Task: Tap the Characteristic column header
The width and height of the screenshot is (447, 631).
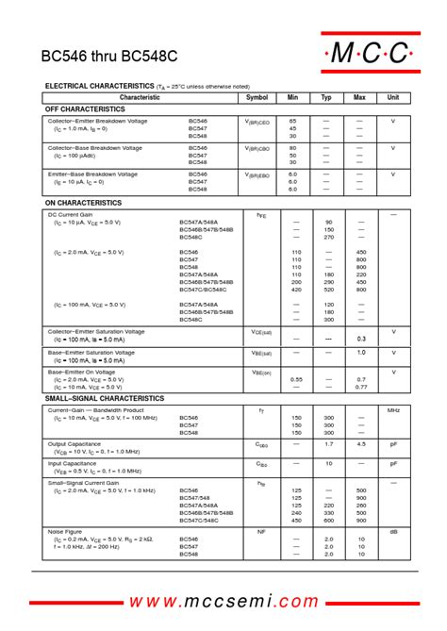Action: click(140, 97)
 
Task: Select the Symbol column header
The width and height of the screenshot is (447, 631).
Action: click(257, 97)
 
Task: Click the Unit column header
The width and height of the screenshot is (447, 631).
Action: click(392, 97)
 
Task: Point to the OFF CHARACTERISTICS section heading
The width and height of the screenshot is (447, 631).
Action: click(85, 109)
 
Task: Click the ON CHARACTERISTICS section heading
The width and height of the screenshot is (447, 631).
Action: click(83, 203)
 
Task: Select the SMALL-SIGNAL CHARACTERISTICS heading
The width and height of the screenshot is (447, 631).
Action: click(105, 398)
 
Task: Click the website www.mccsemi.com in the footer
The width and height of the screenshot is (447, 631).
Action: click(223, 602)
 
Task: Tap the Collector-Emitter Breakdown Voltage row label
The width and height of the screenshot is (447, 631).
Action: click(97, 122)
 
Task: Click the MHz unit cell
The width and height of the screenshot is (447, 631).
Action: click(393, 411)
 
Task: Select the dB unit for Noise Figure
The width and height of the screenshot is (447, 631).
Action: click(393, 532)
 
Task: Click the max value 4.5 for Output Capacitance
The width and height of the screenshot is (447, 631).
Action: click(361, 443)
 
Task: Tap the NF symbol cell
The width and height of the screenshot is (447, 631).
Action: click(261, 532)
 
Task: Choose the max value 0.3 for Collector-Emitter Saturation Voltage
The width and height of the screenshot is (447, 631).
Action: click(360, 338)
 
